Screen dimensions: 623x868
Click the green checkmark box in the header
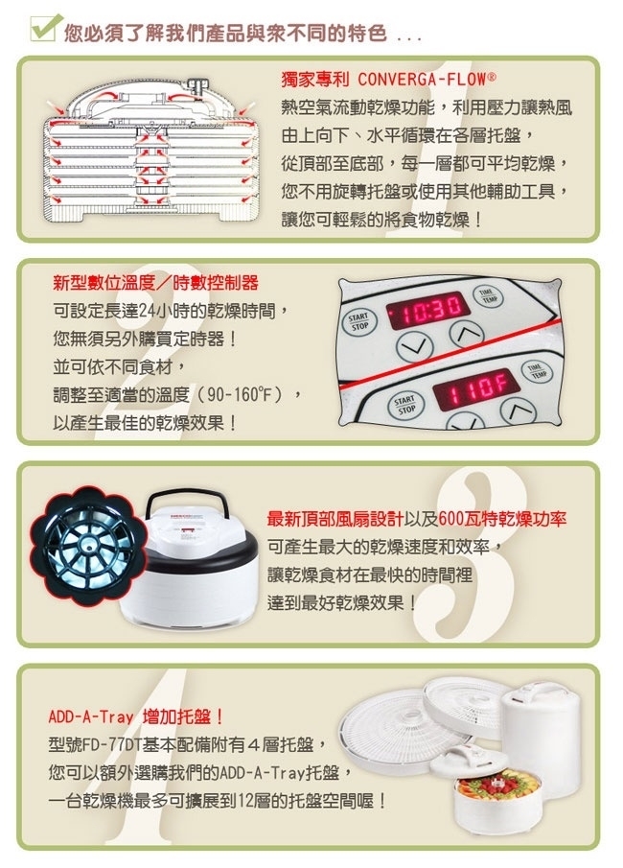point(44,28)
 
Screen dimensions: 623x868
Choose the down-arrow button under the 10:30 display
point(414,347)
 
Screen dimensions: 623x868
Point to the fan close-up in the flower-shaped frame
point(86,543)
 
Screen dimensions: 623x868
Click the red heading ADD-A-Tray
point(91,717)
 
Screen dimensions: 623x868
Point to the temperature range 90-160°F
point(243,395)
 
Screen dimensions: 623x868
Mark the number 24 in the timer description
point(147,311)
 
